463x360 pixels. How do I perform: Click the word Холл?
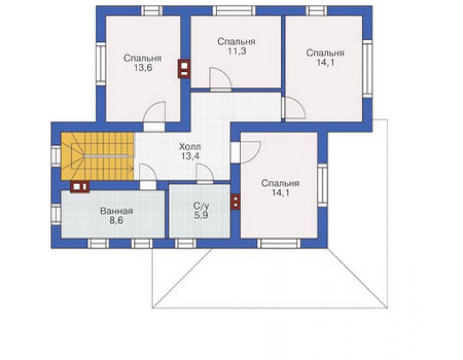pos(190,147)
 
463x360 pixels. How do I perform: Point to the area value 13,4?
pos(190,156)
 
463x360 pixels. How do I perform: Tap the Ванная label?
pos(116,211)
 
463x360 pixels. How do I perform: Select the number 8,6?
pos(116,220)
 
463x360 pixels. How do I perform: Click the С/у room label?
pos(201,206)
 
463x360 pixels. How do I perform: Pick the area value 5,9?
pos(201,215)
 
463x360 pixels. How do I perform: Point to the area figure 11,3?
pos(237,51)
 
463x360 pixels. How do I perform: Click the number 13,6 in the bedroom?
pos(143,68)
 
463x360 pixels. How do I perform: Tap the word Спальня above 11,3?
pos(237,41)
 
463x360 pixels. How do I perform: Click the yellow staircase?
pos(98,156)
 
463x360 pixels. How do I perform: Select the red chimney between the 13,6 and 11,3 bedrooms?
pos(184,69)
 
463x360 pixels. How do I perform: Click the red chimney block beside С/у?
pos(235,202)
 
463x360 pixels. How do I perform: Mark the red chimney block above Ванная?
pos(79,187)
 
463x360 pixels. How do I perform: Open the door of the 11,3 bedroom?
pos(220,79)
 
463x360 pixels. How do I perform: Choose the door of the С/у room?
pos(205,174)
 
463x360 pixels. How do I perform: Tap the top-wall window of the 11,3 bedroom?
pos(234,11)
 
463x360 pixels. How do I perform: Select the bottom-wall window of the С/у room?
pos(185,244)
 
